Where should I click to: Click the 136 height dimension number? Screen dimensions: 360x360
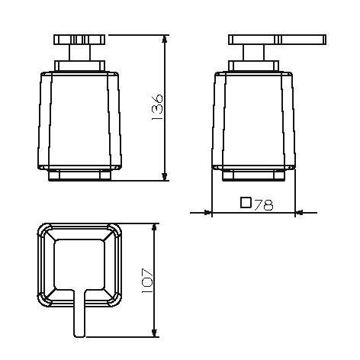point(157,108)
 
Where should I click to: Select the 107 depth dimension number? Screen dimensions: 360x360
point(147,281)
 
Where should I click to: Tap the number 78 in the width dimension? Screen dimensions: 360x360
point(264,205)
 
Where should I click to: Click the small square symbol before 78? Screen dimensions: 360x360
point(246,203)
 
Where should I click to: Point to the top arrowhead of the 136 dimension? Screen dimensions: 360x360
point(165,40)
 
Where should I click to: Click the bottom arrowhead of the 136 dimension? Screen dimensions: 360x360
point(165,176)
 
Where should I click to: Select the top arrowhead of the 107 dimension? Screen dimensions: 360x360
point(154,228)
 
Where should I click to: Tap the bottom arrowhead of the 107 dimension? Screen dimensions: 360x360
point(154,333)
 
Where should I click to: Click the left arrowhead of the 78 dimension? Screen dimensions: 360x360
point(207,212)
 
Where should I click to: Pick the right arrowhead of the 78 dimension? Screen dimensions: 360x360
point(300,212)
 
